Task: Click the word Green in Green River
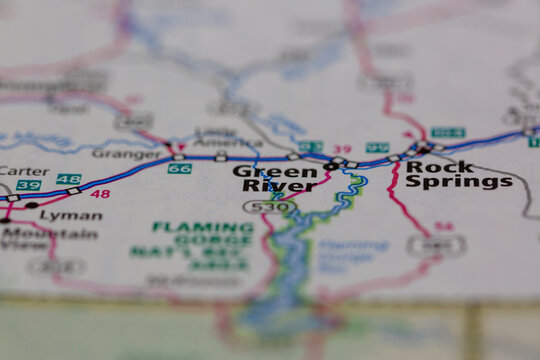pyautogui.click(x=261, y=171)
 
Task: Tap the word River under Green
pyautogui.click(x=265, y=186)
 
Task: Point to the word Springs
pyautogui.click(x=459, y=182)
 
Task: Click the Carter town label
pyautogui.click(x=24, y=171)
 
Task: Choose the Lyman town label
pyautogui.click(x=71, y=215)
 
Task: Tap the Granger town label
pyautogui.click(x=126, y=154)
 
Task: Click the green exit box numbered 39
pyautogui.click(x=28, y=186)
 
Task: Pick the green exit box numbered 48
pyautogui.click(x=68, y=179)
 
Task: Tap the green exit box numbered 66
pyautogui.click(x=179, y=169)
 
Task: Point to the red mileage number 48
pyautogui.click(x=100, y=193)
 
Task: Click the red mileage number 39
pyautogui.click(x=342, y=149)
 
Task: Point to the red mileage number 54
pyautogui.click(x=444, y=227)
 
